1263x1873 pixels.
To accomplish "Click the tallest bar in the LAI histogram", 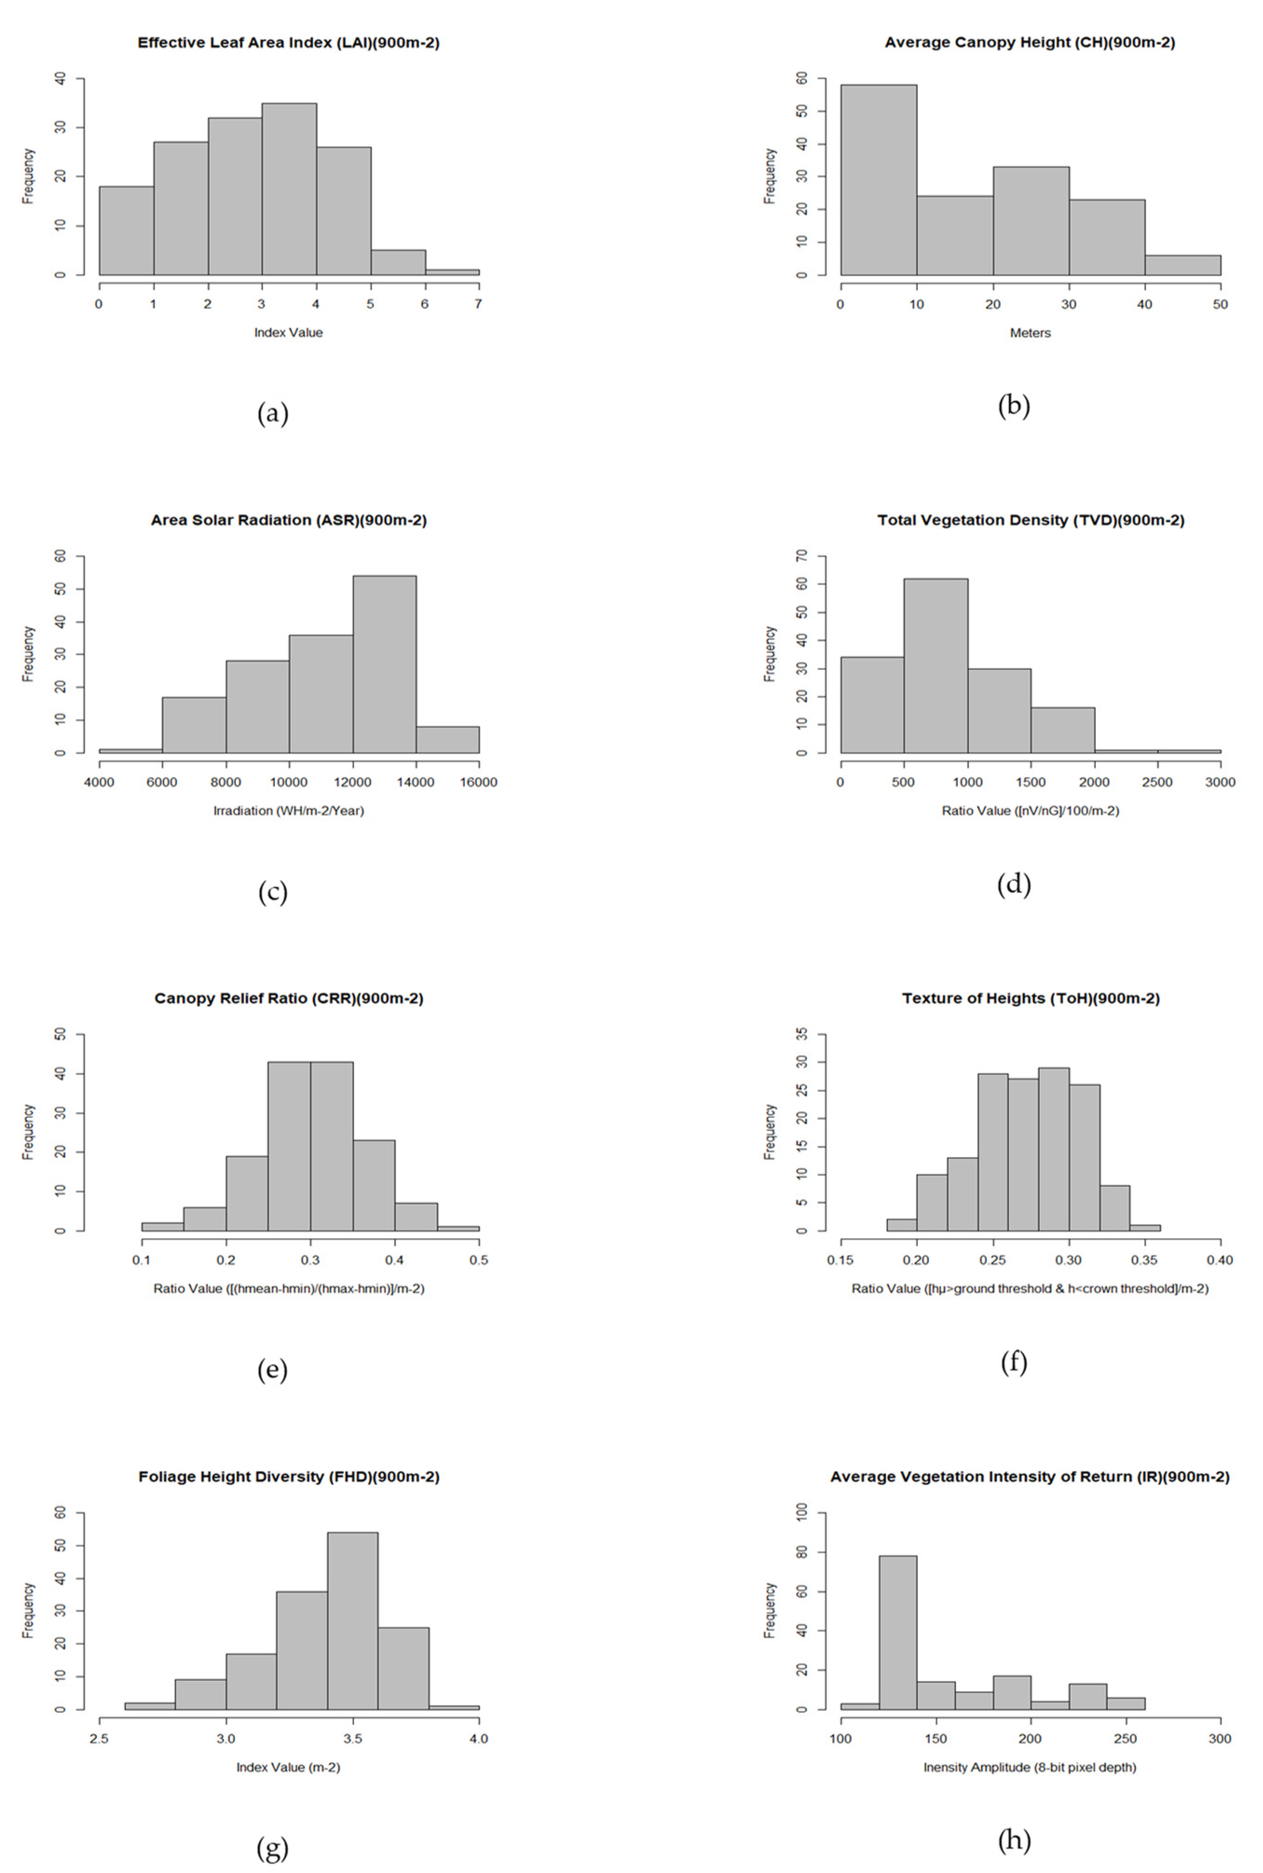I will (x=288, y=189).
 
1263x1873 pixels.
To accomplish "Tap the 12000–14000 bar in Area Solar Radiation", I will (x=384, y=664).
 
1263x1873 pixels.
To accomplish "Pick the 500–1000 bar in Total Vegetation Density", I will (x=935, y=666).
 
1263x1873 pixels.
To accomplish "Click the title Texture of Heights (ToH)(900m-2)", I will (x=1030, y=999).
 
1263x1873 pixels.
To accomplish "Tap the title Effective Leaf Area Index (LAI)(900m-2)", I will (x=288, y=43).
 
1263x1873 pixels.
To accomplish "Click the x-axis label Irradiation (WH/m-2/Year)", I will (x=288, y=811).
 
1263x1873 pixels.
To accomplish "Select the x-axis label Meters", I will (x=1030, y=333).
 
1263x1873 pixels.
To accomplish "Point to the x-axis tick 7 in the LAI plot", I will (x=478, y=304).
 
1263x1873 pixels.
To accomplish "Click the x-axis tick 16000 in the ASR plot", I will (x=478, y=782).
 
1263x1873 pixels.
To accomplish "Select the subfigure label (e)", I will (x=272, y=1370).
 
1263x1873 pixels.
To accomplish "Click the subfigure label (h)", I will (x=1013, y=1840).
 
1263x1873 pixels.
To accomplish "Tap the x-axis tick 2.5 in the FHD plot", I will (x=99, y=1738).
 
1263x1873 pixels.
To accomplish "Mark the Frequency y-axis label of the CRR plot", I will (x=28, y=1131).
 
